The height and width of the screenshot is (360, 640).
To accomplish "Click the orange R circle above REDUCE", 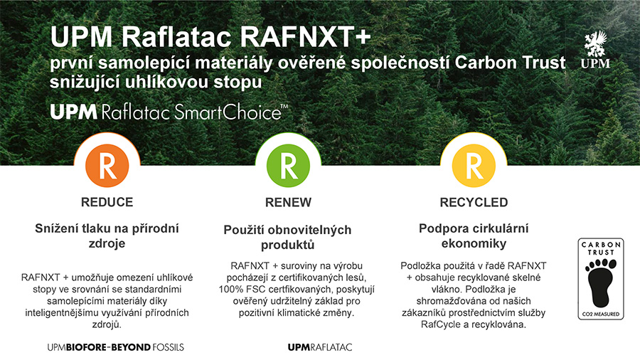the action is point(107,166).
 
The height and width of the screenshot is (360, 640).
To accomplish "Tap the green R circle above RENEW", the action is point(288,166).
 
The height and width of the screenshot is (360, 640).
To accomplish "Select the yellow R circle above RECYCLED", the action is point(474,166).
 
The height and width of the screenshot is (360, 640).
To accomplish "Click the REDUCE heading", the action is point(107,202).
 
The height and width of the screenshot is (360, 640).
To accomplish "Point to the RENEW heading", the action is point(288,202).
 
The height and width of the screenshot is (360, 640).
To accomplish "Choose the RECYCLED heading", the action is point(474,202).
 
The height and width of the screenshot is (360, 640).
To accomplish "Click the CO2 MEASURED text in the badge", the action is point(601,314).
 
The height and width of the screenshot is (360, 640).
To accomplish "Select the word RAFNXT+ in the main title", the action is point(305,36).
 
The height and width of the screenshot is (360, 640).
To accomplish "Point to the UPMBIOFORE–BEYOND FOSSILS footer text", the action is point(115,347).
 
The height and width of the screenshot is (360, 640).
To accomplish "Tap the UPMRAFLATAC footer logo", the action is point(319,347).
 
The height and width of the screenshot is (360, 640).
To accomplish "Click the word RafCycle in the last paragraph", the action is point(437,324).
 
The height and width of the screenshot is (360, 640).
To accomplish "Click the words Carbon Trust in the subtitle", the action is point(510,63).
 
